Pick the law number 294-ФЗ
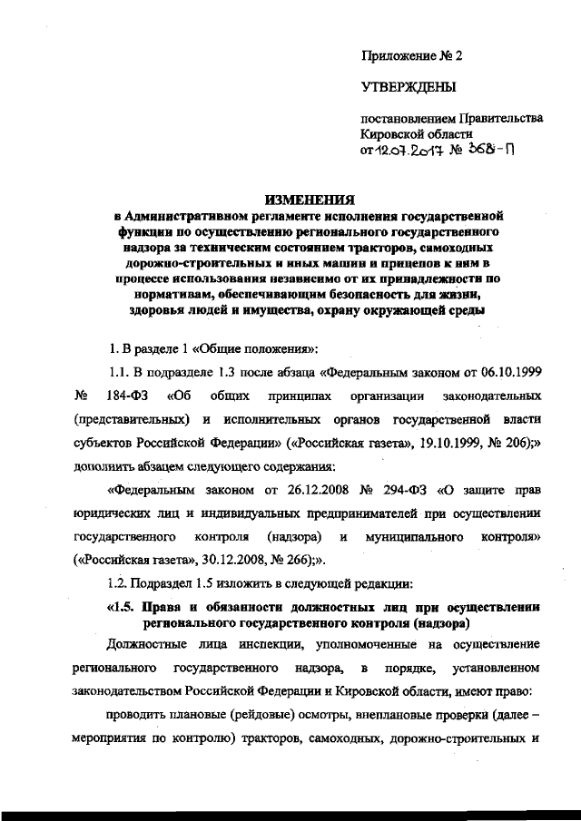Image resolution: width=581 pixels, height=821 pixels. (x=393, y=493)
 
